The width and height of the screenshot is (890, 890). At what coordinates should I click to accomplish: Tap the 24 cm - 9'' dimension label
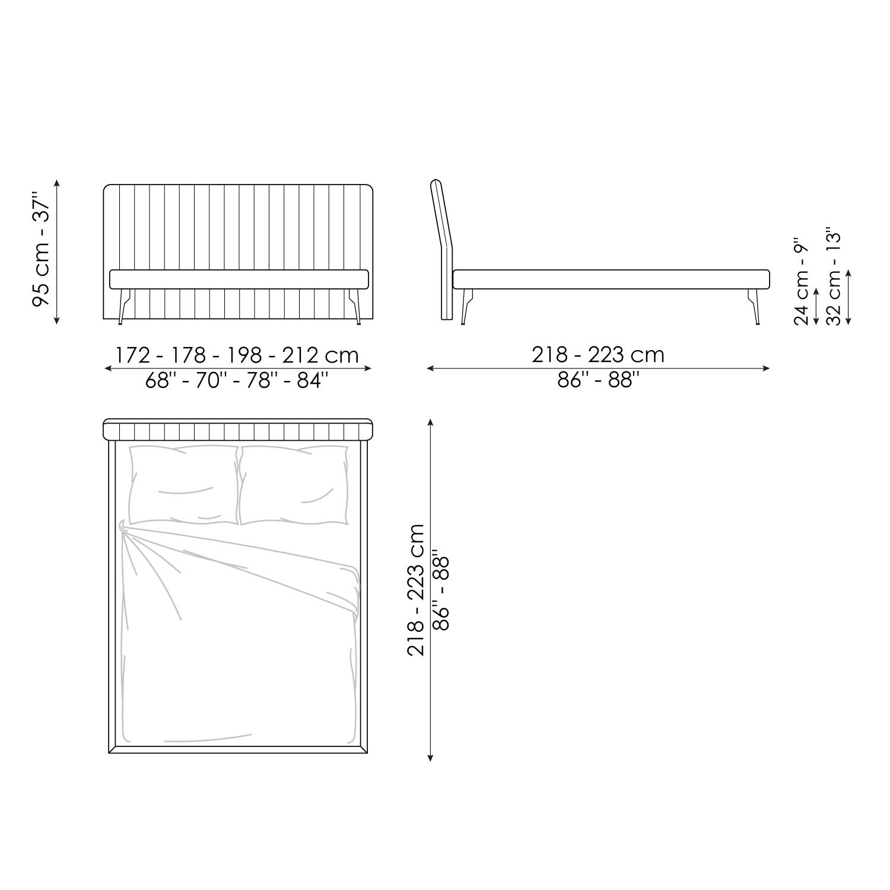click(x=802, y=277)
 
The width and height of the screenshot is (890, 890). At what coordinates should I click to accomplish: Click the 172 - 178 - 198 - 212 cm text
click(x=237, y=355)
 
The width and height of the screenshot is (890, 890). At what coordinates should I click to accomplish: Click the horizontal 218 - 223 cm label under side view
click(x=598, y=355)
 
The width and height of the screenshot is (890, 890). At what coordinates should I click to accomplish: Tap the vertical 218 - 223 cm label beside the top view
click(x=416, y=590)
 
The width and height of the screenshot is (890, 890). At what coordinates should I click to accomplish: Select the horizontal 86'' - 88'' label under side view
click(x=598, y=380)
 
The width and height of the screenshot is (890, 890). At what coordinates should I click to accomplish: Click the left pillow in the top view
click(x=183, y=485)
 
